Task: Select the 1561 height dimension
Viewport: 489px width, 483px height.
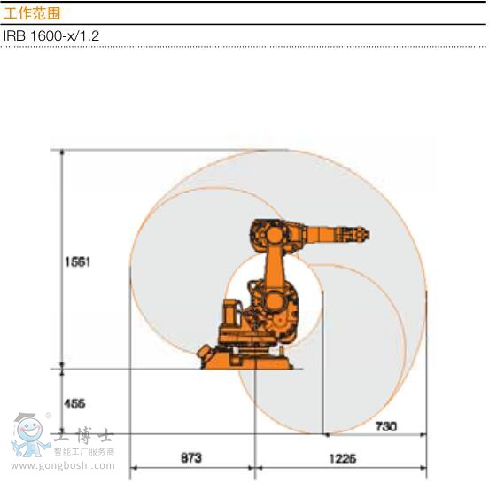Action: [79, 262]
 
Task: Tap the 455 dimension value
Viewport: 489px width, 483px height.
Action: [74, 403]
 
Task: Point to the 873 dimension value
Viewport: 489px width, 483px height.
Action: [190, 458]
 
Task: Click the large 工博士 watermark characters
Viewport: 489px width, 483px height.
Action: [84, 436]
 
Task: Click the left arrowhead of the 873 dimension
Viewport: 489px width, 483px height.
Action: [134, 467]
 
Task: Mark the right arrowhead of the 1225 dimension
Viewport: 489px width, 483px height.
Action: [423, 467]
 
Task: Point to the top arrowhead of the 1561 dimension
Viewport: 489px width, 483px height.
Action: [62, 153]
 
